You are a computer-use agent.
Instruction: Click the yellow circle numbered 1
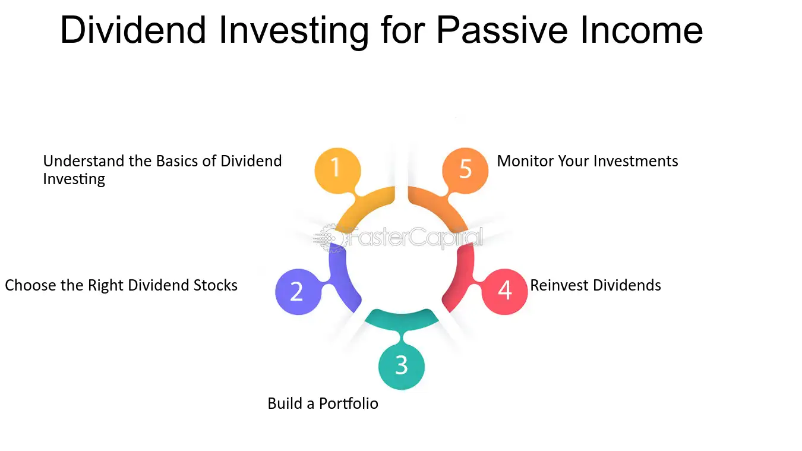pos(337,171)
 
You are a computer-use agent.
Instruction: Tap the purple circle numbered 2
pos(298,292)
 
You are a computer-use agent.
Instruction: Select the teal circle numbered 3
pos(402,367)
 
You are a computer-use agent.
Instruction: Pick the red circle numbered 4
pos(504,292)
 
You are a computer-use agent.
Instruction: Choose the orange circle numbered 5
pos(465,171)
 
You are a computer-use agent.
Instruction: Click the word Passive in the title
pos(502,30)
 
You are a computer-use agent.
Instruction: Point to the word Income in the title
pos(642,30)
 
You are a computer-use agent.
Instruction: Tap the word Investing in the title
pos(293,32)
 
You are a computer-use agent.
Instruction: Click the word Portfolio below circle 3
pos(348,403)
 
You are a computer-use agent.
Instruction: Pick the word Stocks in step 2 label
pos(216,285)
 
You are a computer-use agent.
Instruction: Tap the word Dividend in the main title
pos(133,30)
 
